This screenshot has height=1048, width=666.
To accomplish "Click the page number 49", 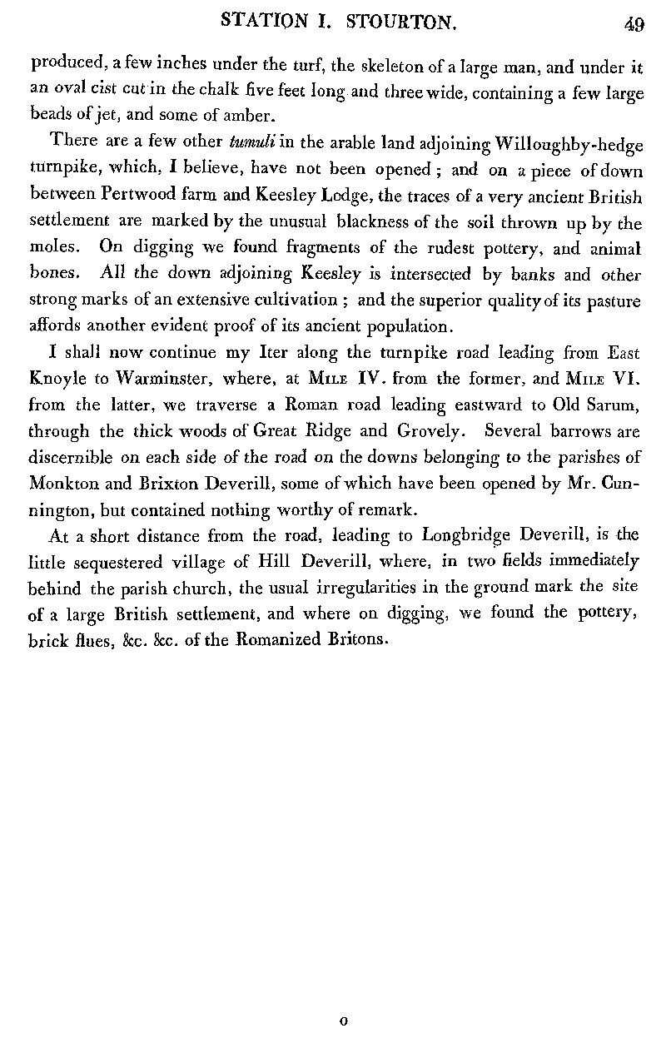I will (634, 24).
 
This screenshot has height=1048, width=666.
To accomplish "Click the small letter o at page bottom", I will (343, 1020).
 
